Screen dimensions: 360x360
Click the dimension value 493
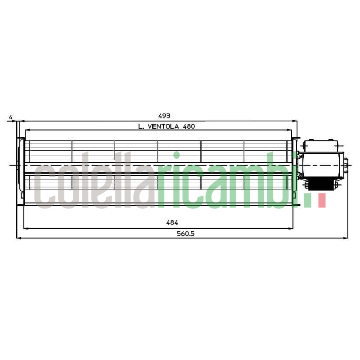[164, 116]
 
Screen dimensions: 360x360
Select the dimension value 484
[172, 223]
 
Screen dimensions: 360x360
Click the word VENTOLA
[164, 126]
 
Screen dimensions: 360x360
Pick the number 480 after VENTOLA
[189, 126]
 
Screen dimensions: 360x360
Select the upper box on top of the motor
[320, 146]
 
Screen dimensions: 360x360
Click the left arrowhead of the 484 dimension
[25, 228]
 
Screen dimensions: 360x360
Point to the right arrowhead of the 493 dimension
[295, 121]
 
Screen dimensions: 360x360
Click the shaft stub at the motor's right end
[346, 166]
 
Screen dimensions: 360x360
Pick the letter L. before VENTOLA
[141, 126]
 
